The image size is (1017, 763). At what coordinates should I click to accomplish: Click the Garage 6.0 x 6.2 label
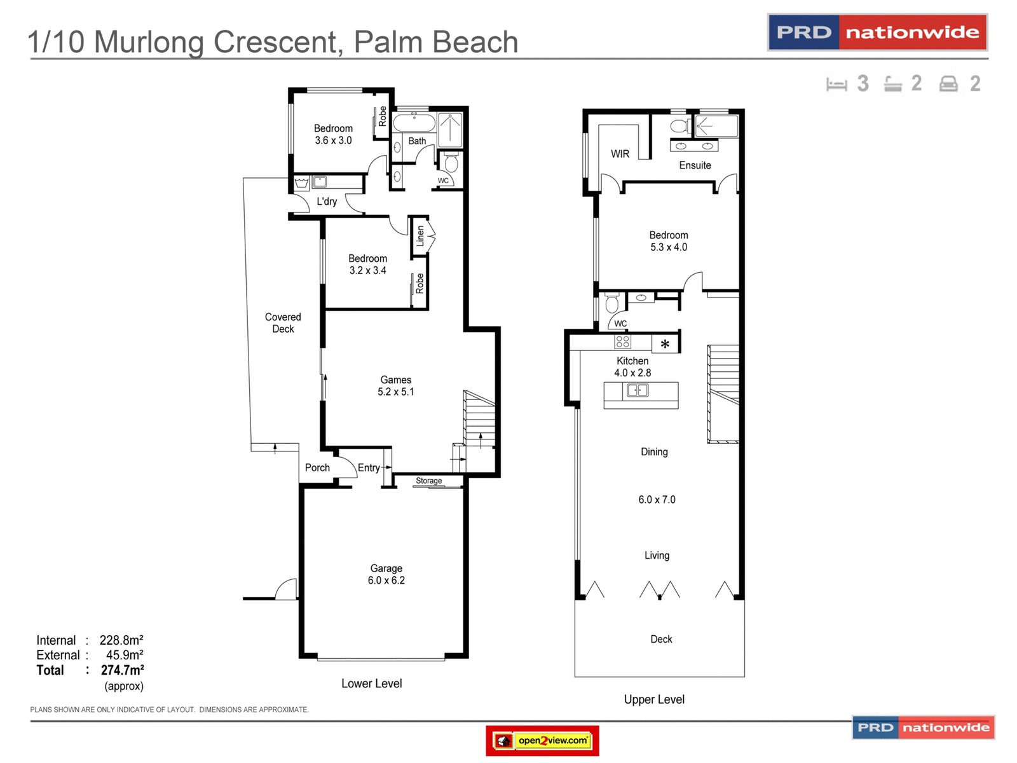click(x=386, y=574)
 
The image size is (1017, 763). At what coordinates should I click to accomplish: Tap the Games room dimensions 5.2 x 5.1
click(x=395, y=392)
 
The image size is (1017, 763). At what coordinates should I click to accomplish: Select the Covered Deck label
click(x=283, y=322)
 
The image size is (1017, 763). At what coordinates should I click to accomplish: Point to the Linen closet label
click(x=420, y=236)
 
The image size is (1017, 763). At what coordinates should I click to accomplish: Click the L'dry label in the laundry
click(x=327, y=201)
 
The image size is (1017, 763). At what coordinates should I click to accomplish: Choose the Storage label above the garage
click(x=428, y=481)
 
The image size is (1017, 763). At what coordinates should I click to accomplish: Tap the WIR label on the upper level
click(x=620, y=154)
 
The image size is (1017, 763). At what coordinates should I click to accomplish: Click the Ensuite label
click(x=695, y=165)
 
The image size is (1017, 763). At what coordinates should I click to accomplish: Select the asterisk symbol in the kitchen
click(x=665, y=344)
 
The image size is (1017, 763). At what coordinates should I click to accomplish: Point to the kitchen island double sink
click(x=638, y=390)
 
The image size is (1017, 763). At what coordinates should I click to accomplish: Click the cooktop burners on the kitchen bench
click(x=622, y=341)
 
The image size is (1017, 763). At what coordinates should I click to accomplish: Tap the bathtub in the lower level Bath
click(x=414, y=123)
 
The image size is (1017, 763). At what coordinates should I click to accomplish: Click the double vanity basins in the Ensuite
click(x=693, y=146)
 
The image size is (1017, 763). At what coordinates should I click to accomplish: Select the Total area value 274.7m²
click(x=122, y=670)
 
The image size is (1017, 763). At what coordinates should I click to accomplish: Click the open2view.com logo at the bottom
click(x=542, y=740)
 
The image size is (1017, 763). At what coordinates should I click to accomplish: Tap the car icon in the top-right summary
click(x=948, y=84)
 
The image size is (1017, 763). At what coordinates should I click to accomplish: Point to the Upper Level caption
click(x=654, y=699)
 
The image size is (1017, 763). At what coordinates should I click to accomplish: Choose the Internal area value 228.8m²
click(x=121, y=640)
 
